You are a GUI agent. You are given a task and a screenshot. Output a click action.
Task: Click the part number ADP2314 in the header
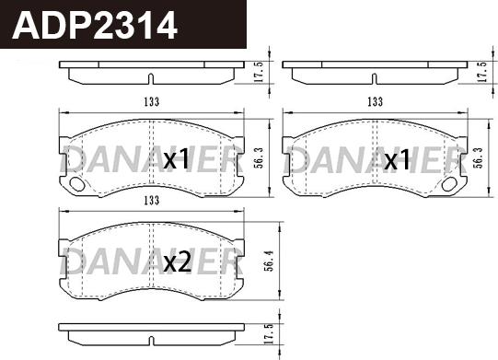pyautogui.click(x=94, y=25)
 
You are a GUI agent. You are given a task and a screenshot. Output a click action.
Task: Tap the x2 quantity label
pyautogui.click(x=177, y=262)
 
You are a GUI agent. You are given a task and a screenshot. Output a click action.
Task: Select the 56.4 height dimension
pyautogui.click(x=270, y=260)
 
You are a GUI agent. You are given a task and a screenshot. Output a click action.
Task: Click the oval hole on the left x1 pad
pyautogui.click(x=76, y=184)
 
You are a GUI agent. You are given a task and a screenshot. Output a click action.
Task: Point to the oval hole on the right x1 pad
pyautogui.click(x=449, y=184)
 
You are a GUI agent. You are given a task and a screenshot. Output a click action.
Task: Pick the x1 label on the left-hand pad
pyautogui.click(x=176, y=159)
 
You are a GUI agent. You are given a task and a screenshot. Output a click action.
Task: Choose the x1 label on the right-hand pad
pyautogui.click(x=397, y=159)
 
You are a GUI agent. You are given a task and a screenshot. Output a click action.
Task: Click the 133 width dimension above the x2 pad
pyautogui.click(x=152, y=201)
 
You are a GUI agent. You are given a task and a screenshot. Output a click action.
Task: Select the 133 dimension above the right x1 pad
pyautogui.click(x=375, y=102)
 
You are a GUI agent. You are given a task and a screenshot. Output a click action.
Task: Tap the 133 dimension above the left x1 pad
pyautogui.click(x=152, y=101)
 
